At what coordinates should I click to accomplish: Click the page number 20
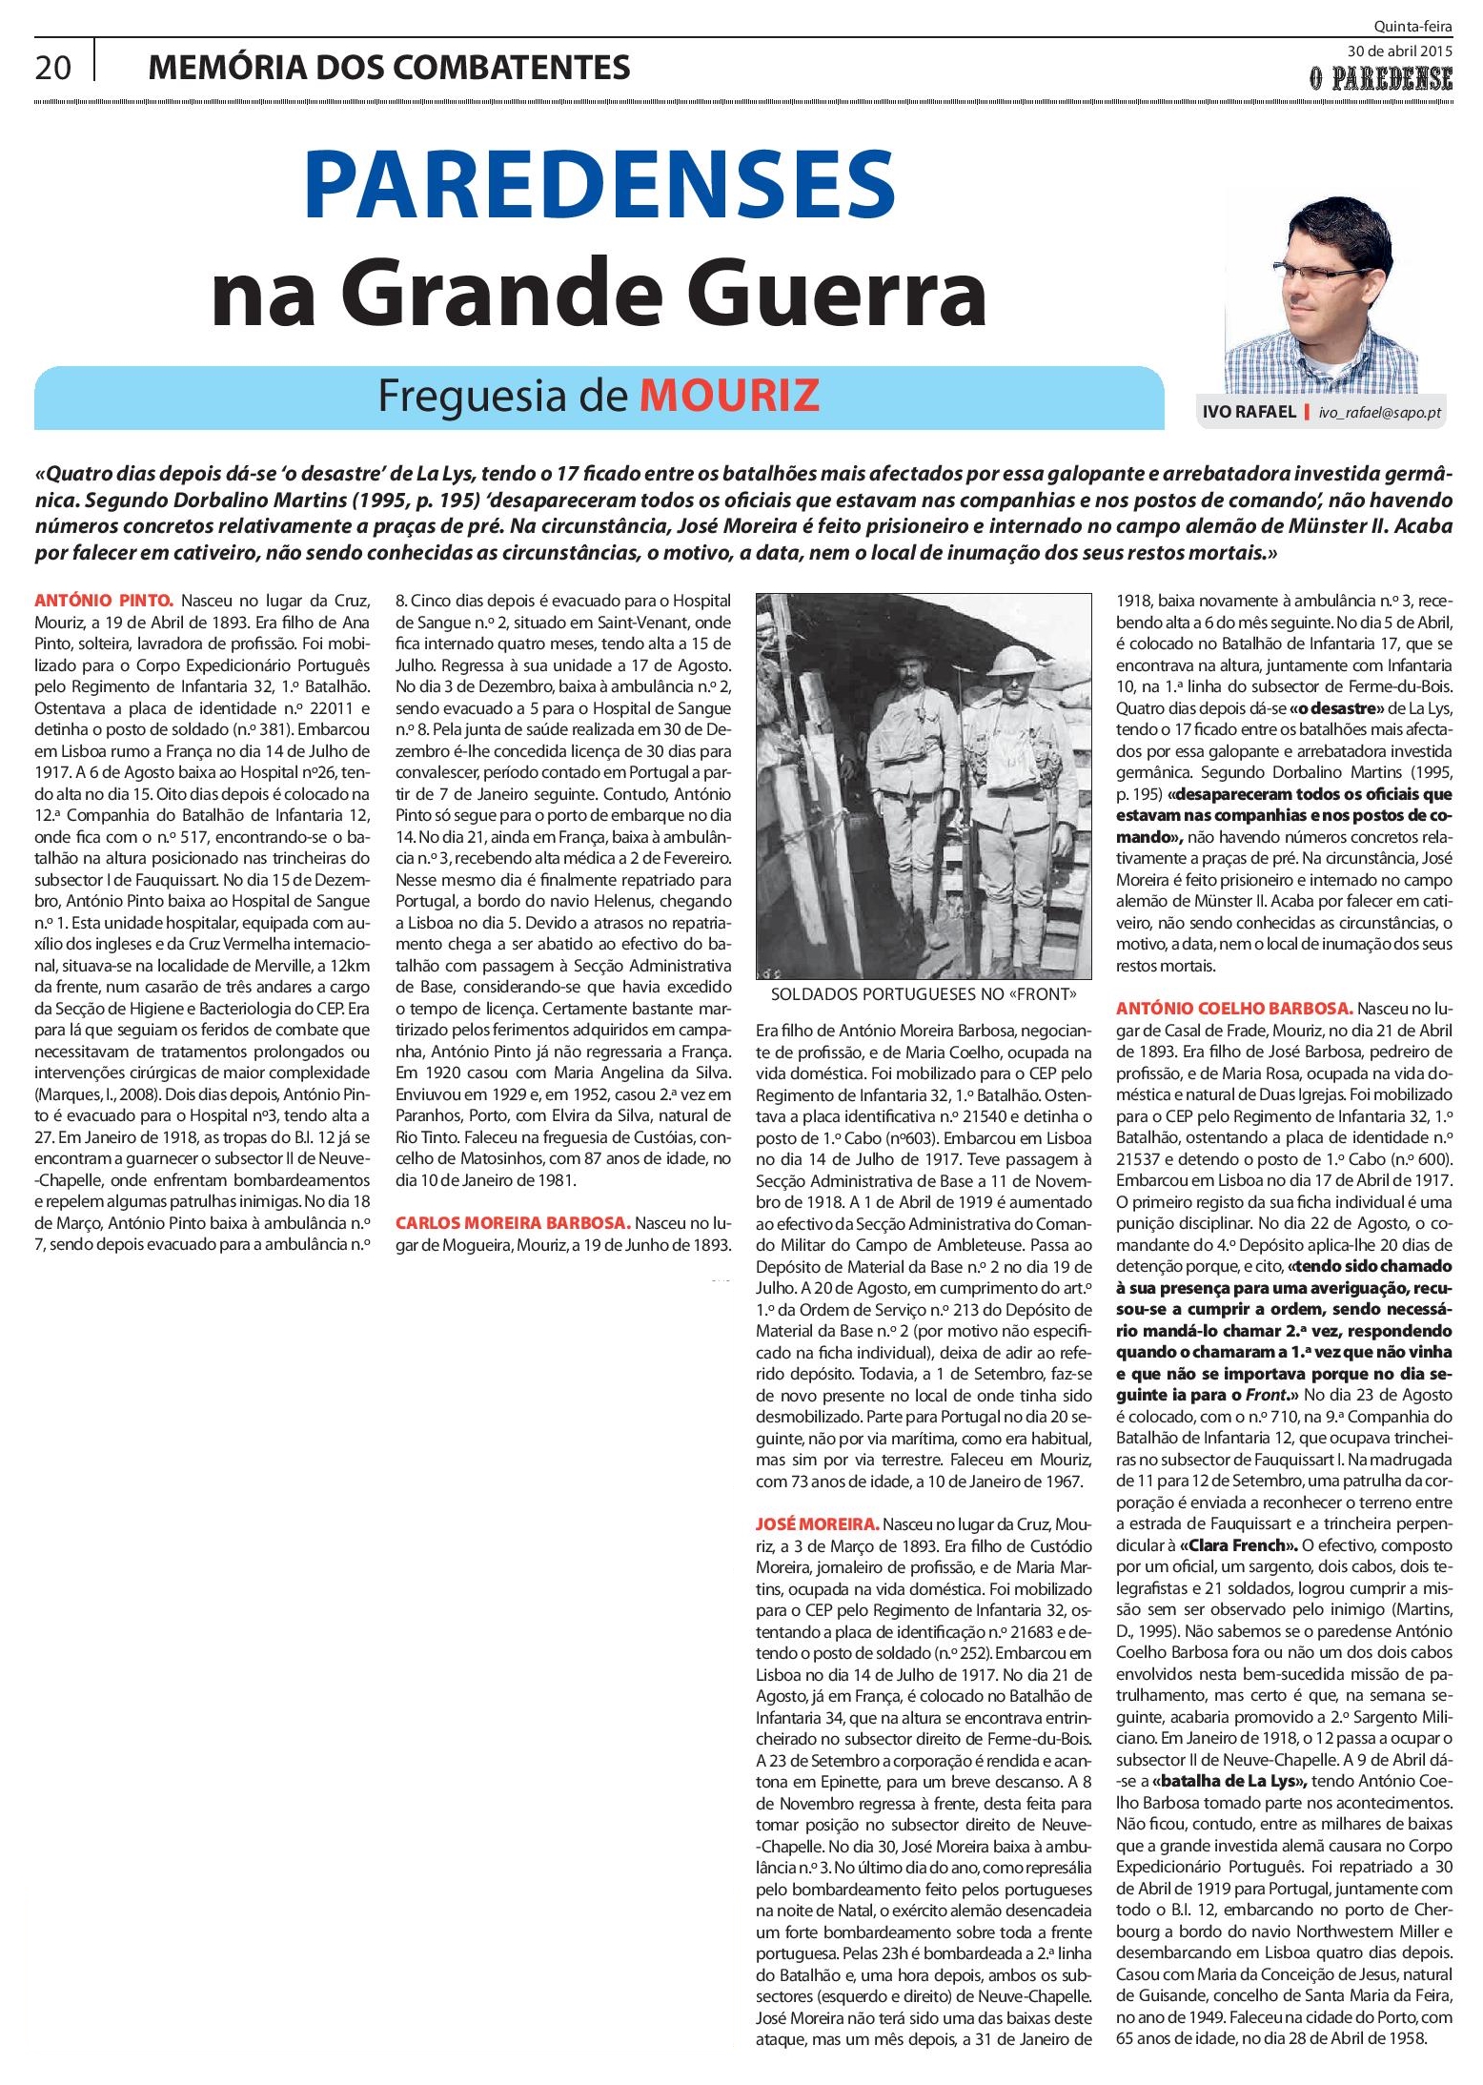[x=52, y=69]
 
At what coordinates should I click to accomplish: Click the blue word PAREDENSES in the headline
[x=599, y=187]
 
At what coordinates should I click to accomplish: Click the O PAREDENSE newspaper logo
[x=1380, y=79]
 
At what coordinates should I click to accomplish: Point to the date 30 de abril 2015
[x=1399, y=51]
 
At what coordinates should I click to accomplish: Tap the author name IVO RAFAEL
[x=1249, y=412]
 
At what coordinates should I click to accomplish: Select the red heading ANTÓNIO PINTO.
[x=104, y=602]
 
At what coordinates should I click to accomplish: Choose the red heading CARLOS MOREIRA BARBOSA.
[x=512, y=1223]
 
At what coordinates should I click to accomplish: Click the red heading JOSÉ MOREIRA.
[x=817, y=1524]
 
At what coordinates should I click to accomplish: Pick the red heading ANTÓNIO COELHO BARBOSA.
[x=1233, y=1009]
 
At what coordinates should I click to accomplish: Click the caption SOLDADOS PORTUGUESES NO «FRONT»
[x=924, y=994]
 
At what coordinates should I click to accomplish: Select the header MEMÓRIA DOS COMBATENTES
[x=389, y=69]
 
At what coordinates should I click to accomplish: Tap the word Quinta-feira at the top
[x=1412, y=27]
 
